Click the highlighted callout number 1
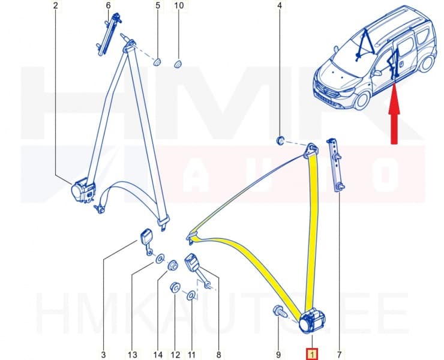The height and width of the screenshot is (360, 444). point(312,355)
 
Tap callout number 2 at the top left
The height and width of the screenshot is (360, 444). point(55,5)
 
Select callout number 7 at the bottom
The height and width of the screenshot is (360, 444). point(339,355)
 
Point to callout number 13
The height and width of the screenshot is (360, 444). point(132,355)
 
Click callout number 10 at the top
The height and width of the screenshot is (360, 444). point(179,5)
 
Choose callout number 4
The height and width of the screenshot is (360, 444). point(280,5)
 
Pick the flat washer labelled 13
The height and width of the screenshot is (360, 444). point(160,259)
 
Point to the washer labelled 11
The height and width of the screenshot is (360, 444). point(191,295)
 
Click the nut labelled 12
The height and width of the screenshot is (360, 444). point(175,287)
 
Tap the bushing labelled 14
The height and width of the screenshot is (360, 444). point(172,265)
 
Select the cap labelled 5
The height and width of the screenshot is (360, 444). point(157,62)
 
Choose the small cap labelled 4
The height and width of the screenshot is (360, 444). point(280,140)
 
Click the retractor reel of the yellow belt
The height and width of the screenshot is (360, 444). point(311,321)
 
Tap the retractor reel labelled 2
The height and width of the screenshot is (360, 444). point(83,190)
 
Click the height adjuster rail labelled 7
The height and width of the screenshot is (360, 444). point(335,165)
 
